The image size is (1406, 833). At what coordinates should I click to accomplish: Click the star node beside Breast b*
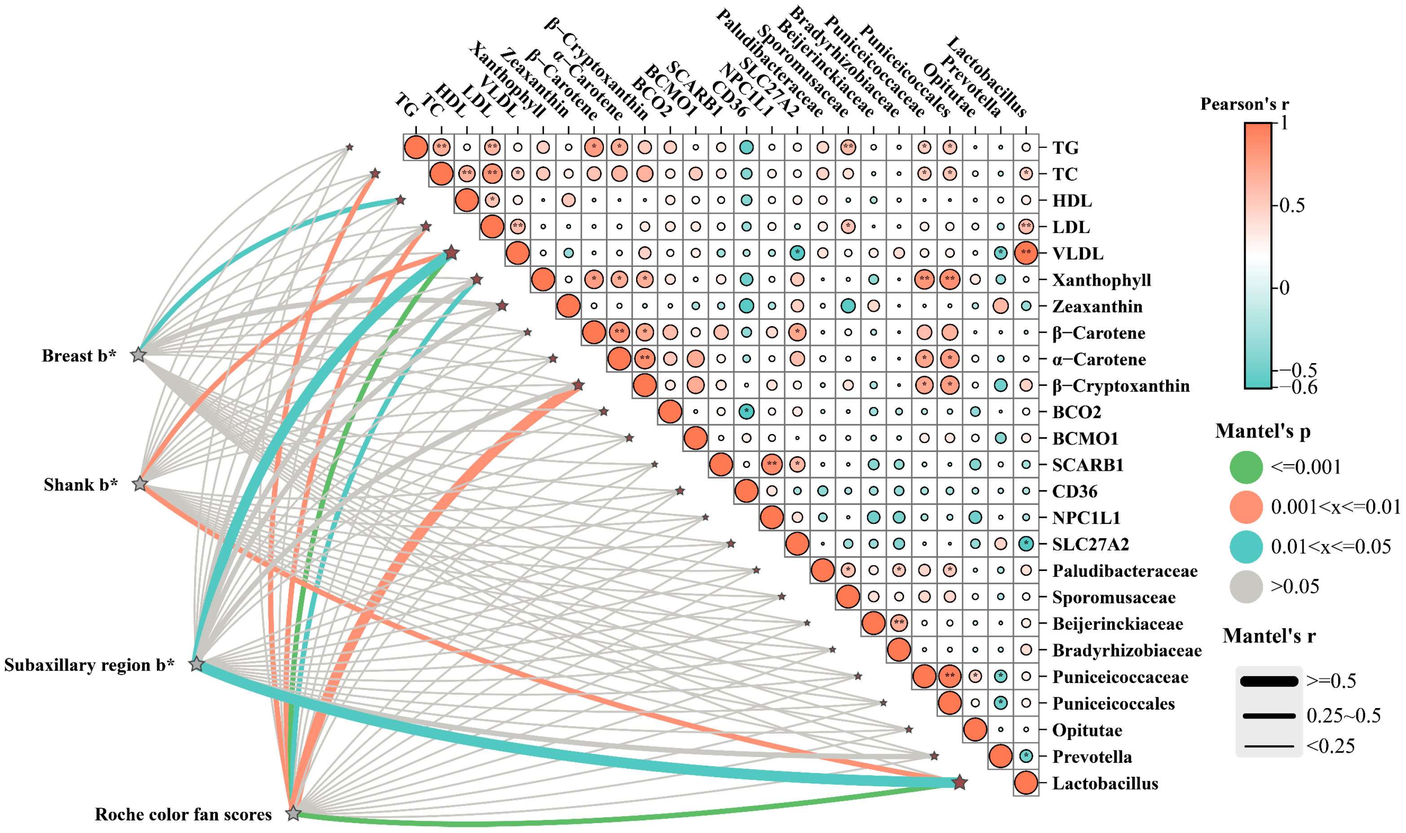[x=138, y=355]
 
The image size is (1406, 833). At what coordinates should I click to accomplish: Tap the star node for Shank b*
[x=140, y=483]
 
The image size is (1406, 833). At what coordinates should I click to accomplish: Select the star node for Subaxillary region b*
[x=196, y=664]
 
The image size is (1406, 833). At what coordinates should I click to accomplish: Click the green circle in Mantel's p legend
[x=1246, y=466]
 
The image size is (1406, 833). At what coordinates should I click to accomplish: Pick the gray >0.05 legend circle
[x=1246, y=587]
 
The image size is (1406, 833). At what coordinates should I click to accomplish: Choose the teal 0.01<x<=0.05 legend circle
[x=1246, y=546]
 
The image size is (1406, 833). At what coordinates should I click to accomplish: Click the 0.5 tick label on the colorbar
[x=1292, y=205]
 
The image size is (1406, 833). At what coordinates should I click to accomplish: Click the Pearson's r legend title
[x=1244, y=104]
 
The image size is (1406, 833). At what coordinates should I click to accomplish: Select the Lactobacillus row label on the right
[x=1105, y=783]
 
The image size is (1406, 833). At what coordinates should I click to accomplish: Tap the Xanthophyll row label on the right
[x=1101, y=279]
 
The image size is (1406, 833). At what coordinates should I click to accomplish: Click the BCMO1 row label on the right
[x=1085, y=439]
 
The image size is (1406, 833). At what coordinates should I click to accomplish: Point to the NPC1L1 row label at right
[x=1086, y=518]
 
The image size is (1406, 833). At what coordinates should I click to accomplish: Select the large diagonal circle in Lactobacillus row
[x=1026, y=783]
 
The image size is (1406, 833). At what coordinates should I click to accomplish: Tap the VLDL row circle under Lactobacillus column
[x=1026, y=253]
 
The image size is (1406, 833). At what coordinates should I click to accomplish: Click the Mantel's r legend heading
[x=1269, y=636]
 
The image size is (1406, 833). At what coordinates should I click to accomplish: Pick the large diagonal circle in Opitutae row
[x=975, y=730]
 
